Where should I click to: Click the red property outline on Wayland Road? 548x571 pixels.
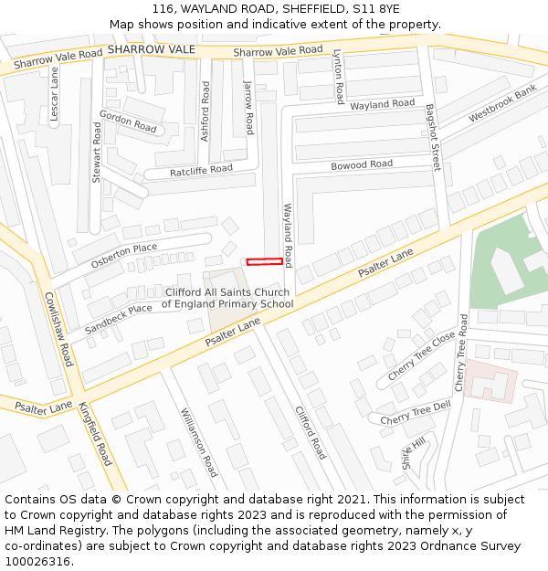[x=265, y=261]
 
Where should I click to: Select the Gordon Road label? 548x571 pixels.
[x=128, y=121]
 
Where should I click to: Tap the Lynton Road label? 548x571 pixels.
[x=338, y=77]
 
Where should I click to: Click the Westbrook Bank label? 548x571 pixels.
[x=502, y=105]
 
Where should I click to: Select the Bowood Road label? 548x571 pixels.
[x=362, y=165]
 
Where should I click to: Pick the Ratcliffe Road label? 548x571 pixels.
[x=201, y=171]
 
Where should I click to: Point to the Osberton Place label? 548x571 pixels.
[x=124, y=256]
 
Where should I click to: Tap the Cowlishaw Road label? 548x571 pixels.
[x=58, y=329]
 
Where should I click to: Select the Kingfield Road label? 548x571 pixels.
[x=95, y=434]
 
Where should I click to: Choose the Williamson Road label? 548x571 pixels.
[x=198, y=441]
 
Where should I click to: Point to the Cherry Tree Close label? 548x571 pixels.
[x=421, y=356]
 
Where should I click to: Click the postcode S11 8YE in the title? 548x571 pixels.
[x=376, y=8]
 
